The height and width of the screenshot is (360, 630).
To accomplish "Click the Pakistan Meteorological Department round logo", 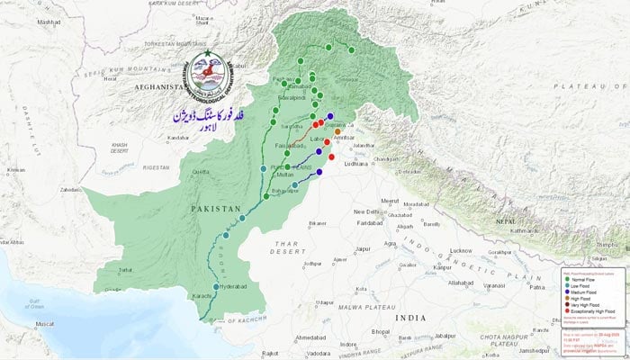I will (x=205, y=77).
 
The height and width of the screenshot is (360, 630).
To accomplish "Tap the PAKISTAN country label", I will (x=216, y=208).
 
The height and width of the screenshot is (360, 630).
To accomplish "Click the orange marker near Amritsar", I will (x=337, y=132).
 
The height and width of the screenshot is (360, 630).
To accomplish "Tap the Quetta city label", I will (x=200, y=175).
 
